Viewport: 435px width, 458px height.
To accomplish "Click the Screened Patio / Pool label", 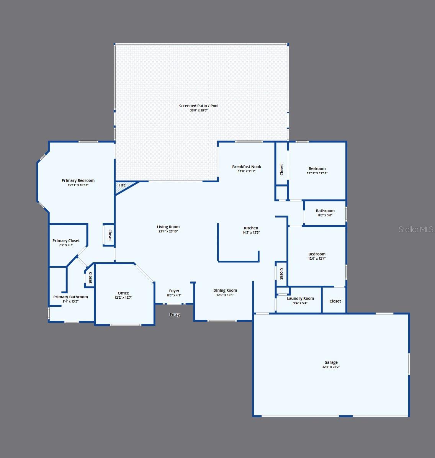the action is pos(199,106).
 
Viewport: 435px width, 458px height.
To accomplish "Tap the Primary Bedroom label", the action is pos(78,180).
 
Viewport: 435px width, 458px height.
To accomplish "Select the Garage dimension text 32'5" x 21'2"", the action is pos(331,367).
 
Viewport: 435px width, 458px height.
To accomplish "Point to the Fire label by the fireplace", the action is pos(122,185).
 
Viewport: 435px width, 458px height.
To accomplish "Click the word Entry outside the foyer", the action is pos(175,314).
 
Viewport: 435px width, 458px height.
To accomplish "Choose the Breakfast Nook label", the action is pos(247,167).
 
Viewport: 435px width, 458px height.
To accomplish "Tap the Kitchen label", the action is pos(251,228).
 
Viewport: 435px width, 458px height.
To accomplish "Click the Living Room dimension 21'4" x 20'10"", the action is pos(168,231).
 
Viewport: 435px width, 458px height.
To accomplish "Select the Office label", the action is pos(123,293).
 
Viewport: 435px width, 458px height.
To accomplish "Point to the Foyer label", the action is pos(174,291).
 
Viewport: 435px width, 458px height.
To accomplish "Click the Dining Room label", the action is pos(225,290).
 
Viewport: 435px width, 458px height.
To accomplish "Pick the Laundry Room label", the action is pos(300,299).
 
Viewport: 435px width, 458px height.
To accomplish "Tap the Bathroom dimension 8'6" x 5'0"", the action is pos(325,215).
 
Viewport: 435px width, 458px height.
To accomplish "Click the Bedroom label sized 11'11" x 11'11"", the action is pos(317,168).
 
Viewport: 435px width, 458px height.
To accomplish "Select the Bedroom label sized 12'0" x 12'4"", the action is pos(317,254).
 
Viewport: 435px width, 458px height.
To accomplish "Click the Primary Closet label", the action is pos(66,241).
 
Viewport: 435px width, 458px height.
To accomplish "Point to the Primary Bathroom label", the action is pos(70,297).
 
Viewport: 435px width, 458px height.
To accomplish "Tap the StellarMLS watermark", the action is pos(416,229).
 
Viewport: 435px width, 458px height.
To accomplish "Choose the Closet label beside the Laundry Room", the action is pos(335,301).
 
